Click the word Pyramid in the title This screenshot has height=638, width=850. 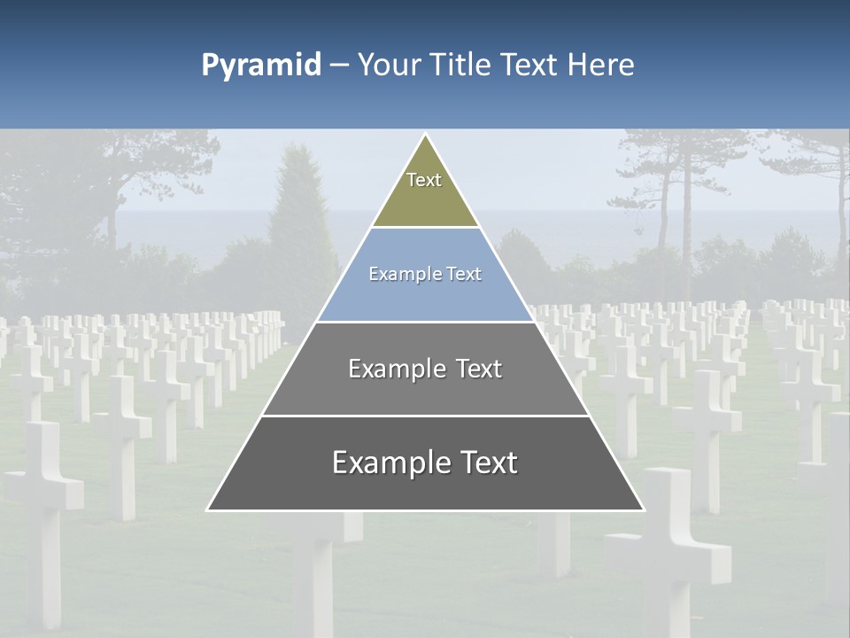point(261,66)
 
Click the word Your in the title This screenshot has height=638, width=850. point(389,65)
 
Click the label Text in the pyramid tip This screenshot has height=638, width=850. point(424,180)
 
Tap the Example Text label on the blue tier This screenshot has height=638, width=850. point(425,274)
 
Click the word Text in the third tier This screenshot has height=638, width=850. point(478,369)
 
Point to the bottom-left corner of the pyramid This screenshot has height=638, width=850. point(208,510)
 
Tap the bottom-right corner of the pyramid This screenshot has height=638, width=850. point(644,510)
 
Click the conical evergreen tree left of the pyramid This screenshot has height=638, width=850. point(301,222)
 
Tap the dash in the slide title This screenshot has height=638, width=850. point(339,66)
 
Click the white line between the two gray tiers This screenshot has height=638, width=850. point(425,416)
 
